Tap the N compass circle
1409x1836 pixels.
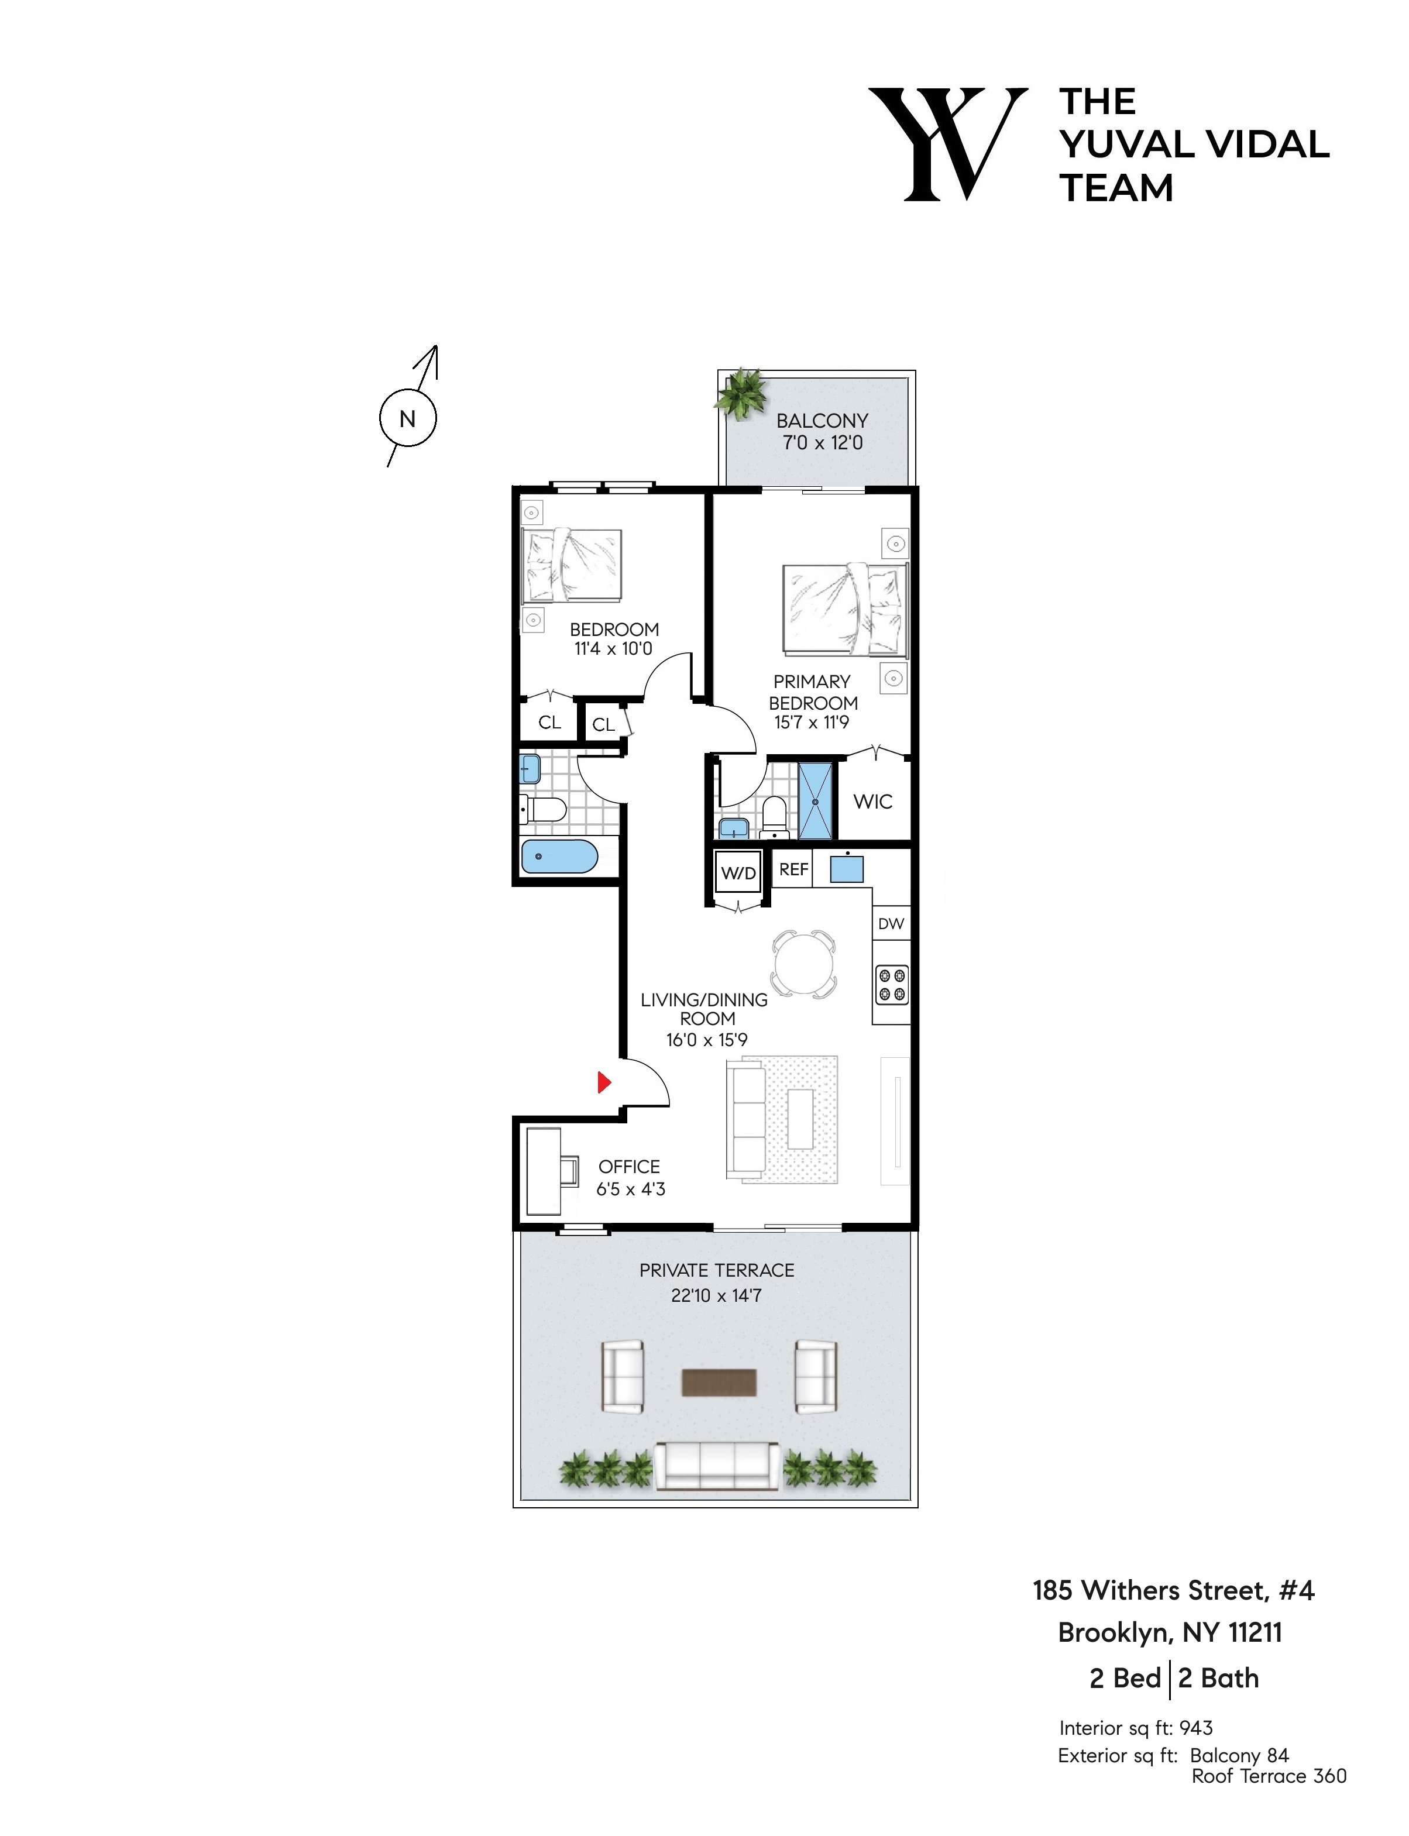tap(408, 418)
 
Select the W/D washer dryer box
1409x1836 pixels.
tap(738, 873)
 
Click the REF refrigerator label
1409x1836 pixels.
tap(793, 869)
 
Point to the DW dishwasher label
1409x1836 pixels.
tap(891, 923)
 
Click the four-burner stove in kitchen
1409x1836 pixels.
tap(891, 985)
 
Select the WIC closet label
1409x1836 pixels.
tap(872, 801)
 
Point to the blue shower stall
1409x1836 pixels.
tap(815, 800)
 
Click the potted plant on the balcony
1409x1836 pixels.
tap(741, 393)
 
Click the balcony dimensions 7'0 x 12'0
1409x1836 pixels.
tap(822, 443)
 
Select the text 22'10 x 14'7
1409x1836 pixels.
tap(716, 1295)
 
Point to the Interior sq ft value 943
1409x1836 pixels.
tap(1196, 1728)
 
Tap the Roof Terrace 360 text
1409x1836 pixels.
tap(1268, 1776)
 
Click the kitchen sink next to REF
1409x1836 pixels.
tap(846, 868)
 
